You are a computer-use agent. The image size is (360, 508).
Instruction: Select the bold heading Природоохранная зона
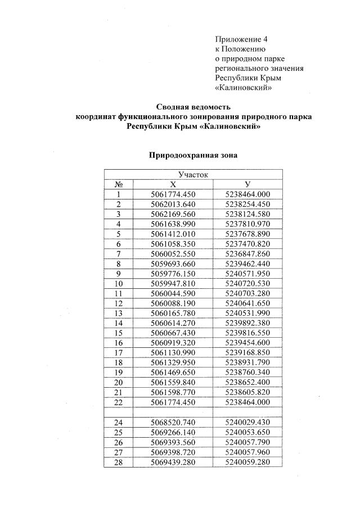pos(193,155)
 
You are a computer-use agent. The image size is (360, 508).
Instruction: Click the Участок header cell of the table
pos(193,175)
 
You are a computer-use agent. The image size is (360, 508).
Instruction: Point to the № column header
pos(119,184)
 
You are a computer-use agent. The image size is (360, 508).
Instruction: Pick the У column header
pos(247,184)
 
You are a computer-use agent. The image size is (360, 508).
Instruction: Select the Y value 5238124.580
pos(247,214)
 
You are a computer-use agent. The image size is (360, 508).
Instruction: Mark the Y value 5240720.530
pos(247,283)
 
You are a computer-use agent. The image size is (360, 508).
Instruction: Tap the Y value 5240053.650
pos(247,432)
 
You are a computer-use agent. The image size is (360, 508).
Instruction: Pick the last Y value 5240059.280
pos(247,462)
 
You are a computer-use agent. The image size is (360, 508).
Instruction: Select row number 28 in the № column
pos(119,462)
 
